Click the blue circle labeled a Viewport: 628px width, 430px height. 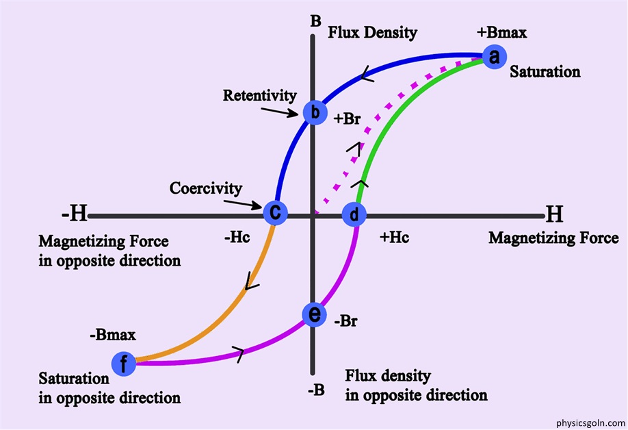point(495,57)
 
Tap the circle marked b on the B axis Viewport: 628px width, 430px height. point(315,112)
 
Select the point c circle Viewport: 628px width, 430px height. point(275,212)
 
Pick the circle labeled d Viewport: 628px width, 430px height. point(354,215)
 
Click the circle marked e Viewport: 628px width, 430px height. point(315,314)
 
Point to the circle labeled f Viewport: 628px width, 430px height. point(124,364)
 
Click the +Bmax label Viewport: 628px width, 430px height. point(502,33)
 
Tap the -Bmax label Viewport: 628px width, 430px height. point(113,335)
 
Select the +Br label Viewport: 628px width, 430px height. point(348,119)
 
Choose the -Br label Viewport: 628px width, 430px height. point(345,321)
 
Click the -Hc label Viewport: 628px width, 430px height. point(237,238)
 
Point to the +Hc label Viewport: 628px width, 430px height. point(395,238)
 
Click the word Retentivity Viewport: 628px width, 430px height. point(259,96)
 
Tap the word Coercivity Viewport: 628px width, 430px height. point(206,188)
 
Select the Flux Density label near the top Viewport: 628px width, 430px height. point(372,33)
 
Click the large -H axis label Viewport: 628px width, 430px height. point(75,214)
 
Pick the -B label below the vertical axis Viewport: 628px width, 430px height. point(317,390)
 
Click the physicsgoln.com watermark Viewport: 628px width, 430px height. point(590,422)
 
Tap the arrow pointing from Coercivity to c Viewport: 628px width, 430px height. point(243,204)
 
